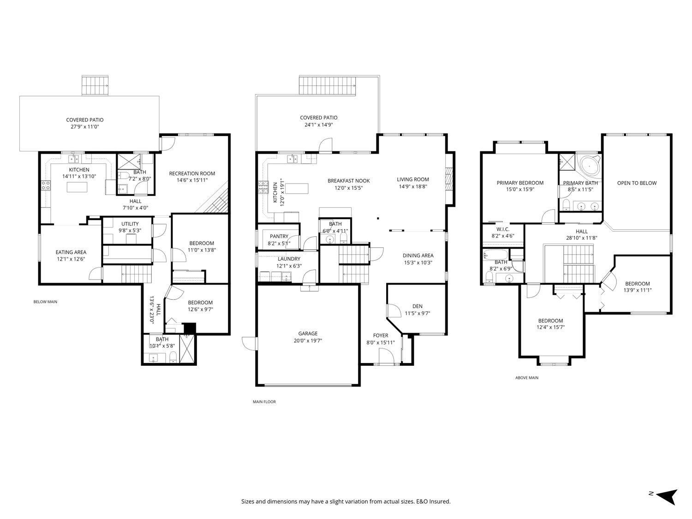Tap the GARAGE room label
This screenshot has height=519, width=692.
[308, 334]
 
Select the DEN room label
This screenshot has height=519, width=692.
[417, 306]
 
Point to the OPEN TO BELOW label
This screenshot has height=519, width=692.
[637, 183]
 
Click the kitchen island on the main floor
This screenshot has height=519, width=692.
[296, 188]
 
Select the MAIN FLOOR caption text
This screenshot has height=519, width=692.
[264, 402]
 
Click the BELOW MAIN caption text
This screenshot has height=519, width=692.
[45, 302]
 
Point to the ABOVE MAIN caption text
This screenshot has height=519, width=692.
[526, 378]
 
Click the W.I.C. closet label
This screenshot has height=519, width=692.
[502, 229]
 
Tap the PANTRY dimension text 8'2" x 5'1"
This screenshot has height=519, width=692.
[279, 244]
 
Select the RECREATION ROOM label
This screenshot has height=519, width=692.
[192, 173]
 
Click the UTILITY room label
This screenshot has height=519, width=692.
[130, 224]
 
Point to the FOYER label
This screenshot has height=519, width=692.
[380, 335]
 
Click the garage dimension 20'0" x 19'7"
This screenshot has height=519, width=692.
[308, 341]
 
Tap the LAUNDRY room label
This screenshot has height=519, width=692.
[289, 259]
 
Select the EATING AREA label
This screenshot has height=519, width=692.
[71, 252]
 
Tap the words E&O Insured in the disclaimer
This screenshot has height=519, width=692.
[433, 501]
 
